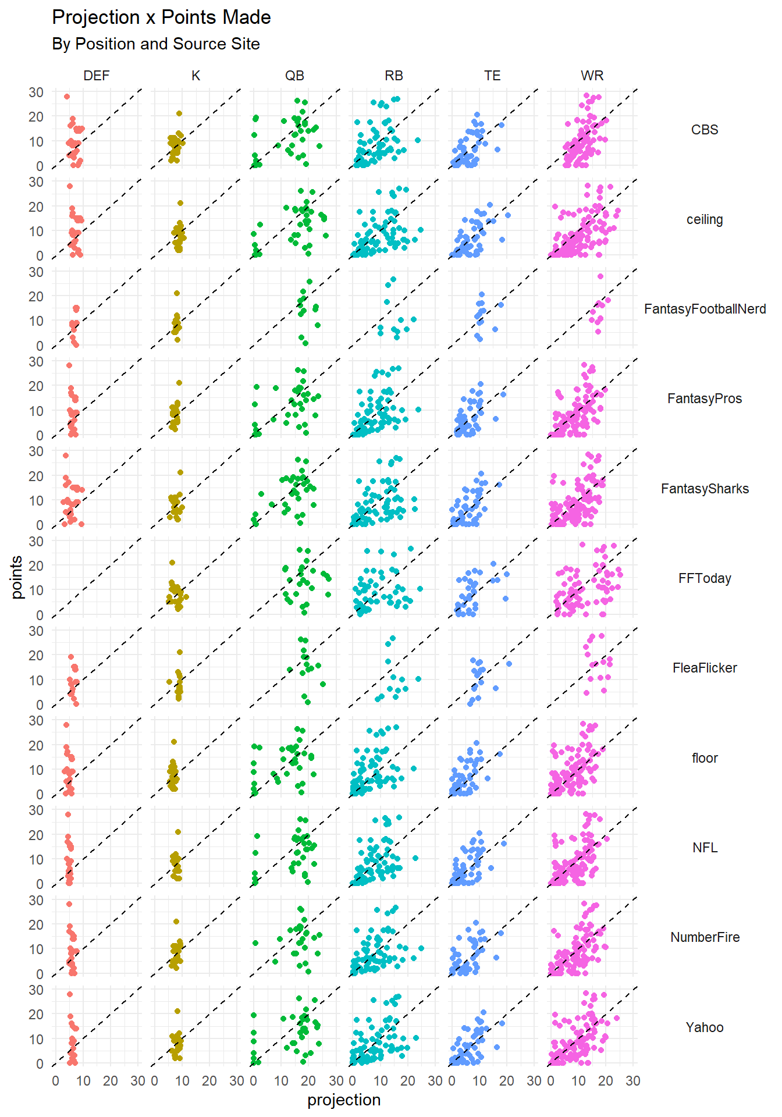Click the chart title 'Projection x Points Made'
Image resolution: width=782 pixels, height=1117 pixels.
point(161,17)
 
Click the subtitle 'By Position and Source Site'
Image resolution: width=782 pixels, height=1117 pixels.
point(155,44)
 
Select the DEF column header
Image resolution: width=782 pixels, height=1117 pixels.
point(97,76)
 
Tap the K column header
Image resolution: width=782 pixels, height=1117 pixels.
point(195,76)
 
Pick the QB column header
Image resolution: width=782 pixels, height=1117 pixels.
point(294,76)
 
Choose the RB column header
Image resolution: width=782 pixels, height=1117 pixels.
point(394,76)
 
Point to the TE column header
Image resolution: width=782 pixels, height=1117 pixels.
point(492,76)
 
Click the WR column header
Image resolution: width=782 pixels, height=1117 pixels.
point(592,76)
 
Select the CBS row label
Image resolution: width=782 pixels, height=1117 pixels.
point(705,130)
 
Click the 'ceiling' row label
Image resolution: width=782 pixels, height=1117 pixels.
point(705,219)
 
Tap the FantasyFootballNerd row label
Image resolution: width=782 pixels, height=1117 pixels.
point(705,309)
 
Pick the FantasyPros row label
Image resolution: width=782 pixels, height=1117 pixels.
point(705,399)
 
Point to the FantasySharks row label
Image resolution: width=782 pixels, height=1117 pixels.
point(705,489)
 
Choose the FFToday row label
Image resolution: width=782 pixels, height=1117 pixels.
point(705,578)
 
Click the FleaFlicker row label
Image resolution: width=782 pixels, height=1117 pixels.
point(705,668)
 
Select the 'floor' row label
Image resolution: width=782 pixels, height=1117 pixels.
point(705,758)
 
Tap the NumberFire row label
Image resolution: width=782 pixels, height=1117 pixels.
point(705,937)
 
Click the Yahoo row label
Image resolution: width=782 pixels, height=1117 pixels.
point(705,1027)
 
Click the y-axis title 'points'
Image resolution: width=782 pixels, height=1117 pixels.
point(17,577)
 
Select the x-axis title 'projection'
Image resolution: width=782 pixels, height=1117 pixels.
point(344,1100)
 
